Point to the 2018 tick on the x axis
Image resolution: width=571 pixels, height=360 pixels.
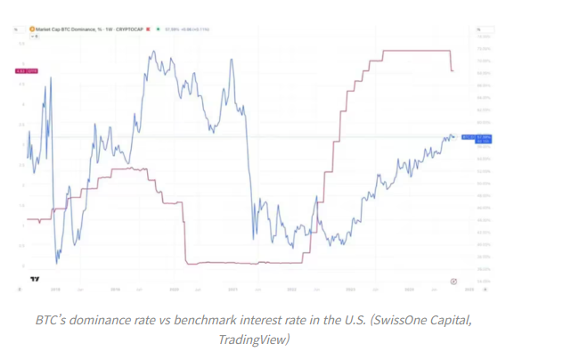pos(55,289)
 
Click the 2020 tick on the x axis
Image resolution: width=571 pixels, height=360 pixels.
pos(174,289)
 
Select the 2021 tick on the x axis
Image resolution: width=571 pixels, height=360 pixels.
pos(232,289)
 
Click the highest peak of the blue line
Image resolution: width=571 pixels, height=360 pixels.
pos(154,52)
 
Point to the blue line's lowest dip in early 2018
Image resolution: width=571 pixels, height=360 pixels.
pos(57,262)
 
